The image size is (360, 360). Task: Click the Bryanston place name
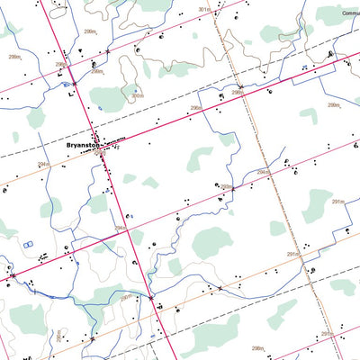(84, 143)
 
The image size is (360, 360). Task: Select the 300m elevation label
(137, 96)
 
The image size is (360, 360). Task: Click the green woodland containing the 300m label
(112, 97)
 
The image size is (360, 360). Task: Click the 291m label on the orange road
(292, 255)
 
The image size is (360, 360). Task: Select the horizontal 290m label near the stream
(126, 296)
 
